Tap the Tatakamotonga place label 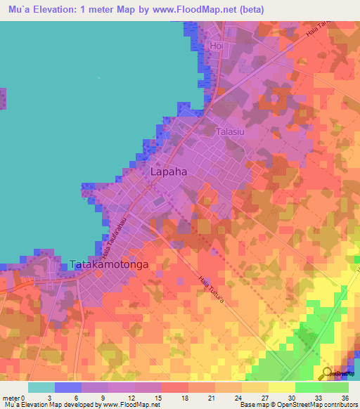tap(108, 265)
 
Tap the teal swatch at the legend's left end tap(41, 387)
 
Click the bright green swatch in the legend tap(308, 387)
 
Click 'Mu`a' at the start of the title tap(15, 10)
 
